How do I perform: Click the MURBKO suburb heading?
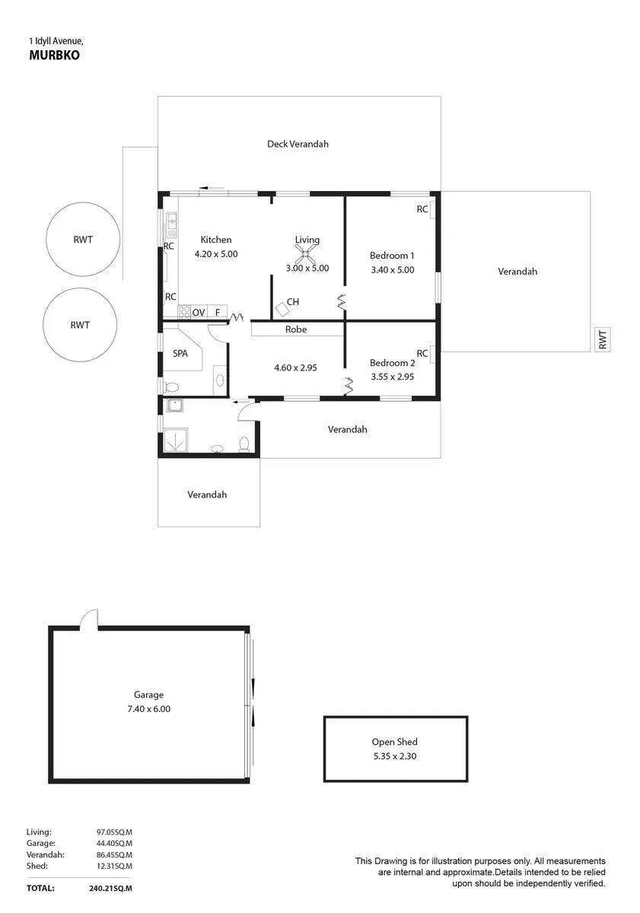click(54, 55)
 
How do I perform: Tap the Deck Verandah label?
click(298, 144)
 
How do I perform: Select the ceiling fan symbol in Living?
click(305, 255)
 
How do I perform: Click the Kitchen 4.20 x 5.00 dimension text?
click(216, 254)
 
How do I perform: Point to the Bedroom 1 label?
click(392, 256)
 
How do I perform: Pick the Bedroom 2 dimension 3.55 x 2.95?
click(392, 377)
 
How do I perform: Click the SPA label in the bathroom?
click(180, 353)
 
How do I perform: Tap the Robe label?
click(296, 329)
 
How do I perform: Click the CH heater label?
click(293, 302)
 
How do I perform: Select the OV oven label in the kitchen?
click(198, 313)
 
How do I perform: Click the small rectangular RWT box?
click(603, 339)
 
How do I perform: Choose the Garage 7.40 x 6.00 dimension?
click(149, 709)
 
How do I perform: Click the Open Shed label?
click(395, 742)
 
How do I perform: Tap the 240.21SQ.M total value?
click(110, 888)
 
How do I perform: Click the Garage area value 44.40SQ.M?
click(114, 843)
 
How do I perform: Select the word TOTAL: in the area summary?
click(40, 888)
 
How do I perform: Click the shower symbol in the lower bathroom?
click(175, 440)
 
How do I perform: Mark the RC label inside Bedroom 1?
click(422, 209)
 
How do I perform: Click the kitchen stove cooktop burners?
click(184, 312)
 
